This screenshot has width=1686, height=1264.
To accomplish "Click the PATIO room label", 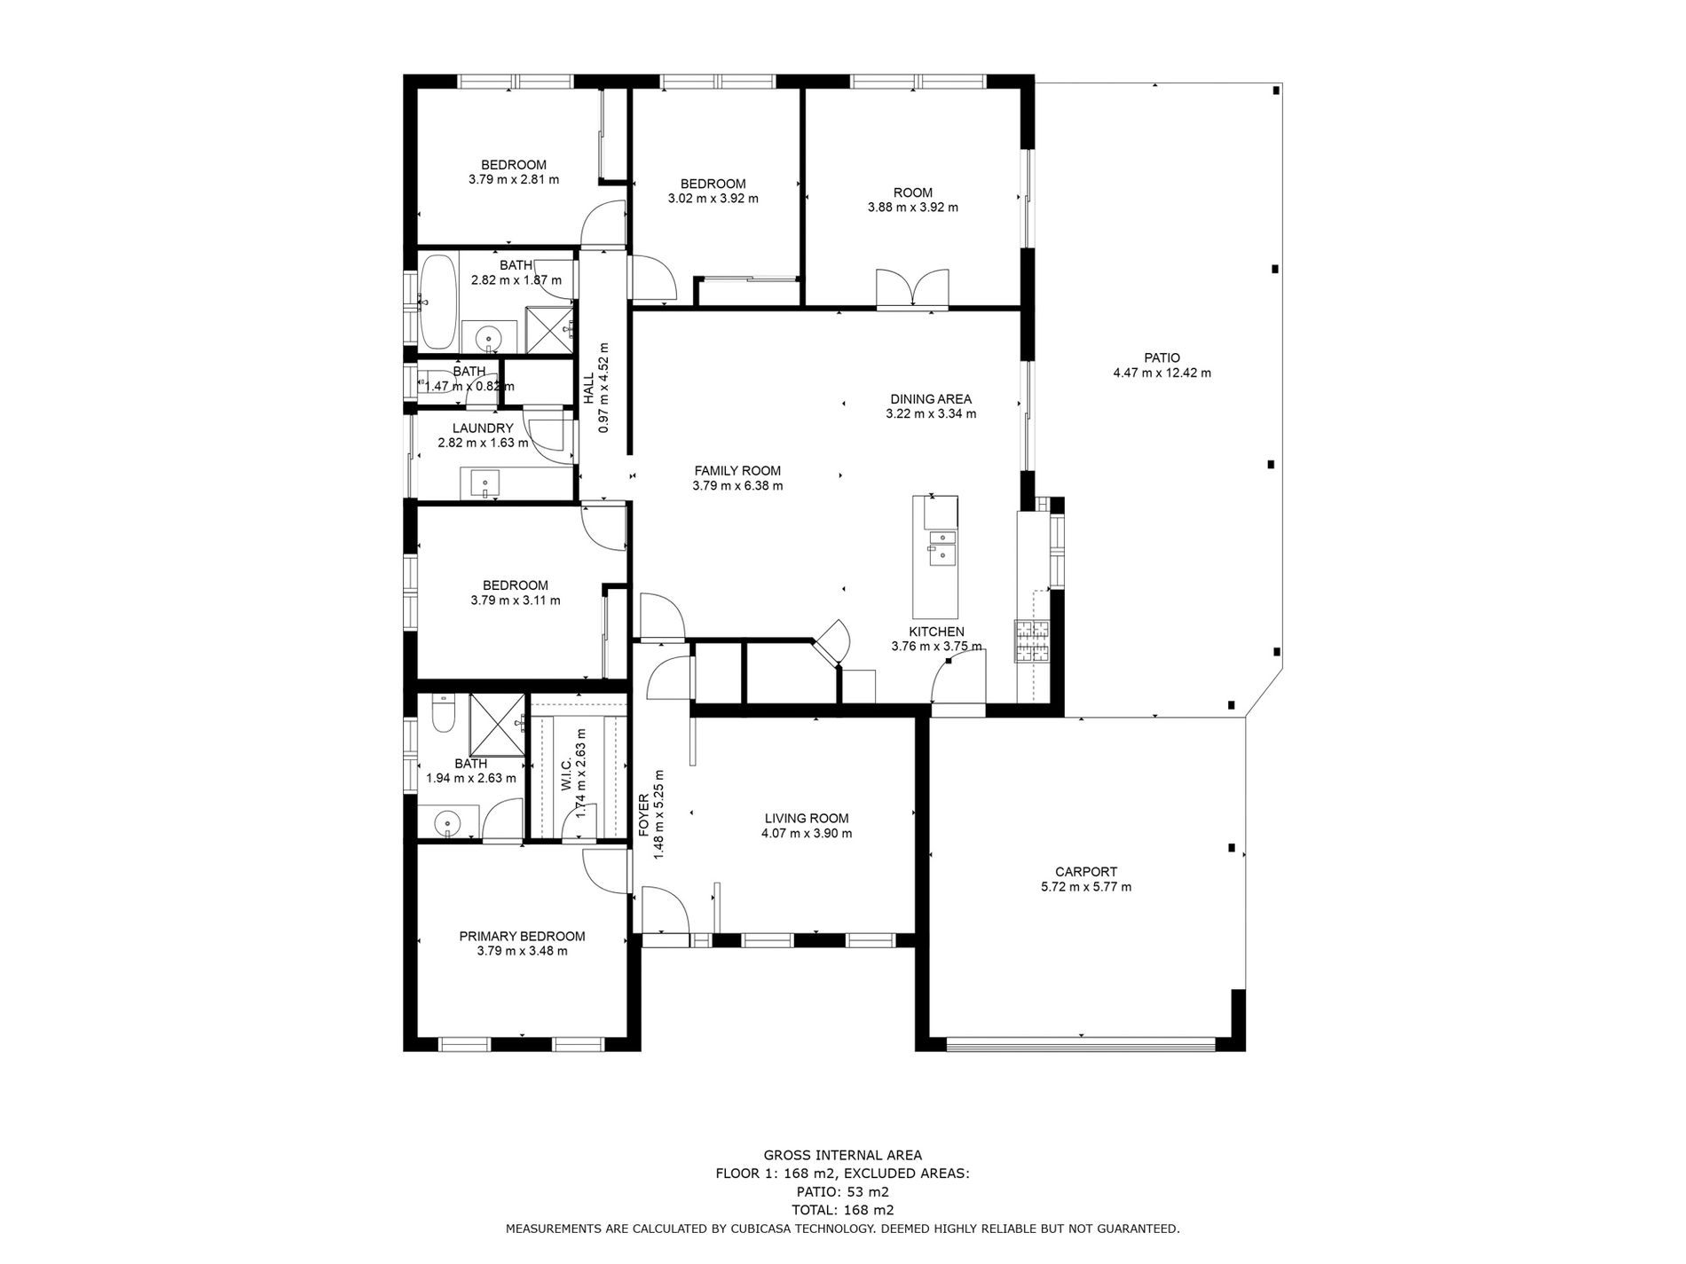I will [1162, 358].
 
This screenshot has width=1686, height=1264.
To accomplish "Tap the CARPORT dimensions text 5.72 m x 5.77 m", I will [1086, 887].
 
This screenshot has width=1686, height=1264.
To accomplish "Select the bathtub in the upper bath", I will [438, 302].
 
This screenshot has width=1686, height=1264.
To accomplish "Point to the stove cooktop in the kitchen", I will [1032, 642].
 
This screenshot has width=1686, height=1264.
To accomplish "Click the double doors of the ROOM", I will [912, 289].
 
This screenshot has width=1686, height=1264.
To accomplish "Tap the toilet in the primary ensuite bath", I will [442, 713].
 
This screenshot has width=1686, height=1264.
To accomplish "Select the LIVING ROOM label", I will [807, 819].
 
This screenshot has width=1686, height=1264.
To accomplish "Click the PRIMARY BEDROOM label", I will [522, 937].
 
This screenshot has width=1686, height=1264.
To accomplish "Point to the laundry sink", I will [485, 484].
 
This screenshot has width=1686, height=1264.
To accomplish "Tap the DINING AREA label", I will [931, 399].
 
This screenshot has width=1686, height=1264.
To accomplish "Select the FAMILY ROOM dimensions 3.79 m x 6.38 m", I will [737, 486].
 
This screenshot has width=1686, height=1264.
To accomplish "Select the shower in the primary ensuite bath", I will [497, 724].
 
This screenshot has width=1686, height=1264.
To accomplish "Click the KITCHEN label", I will [936, 632].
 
